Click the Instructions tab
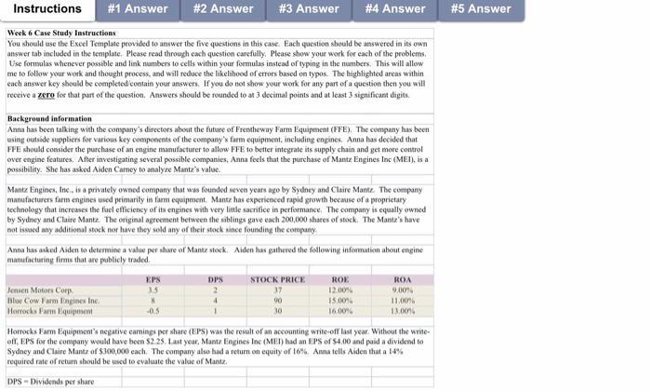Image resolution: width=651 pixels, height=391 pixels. pos(47,9)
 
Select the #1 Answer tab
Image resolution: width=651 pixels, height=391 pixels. pos(138,9)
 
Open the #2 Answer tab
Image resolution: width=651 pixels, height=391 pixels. pos(223,9)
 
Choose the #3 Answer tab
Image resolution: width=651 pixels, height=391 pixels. pos(310,9)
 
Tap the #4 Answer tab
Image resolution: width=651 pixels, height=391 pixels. pos(395,9)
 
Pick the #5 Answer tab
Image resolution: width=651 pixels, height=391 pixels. pos(481,9)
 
